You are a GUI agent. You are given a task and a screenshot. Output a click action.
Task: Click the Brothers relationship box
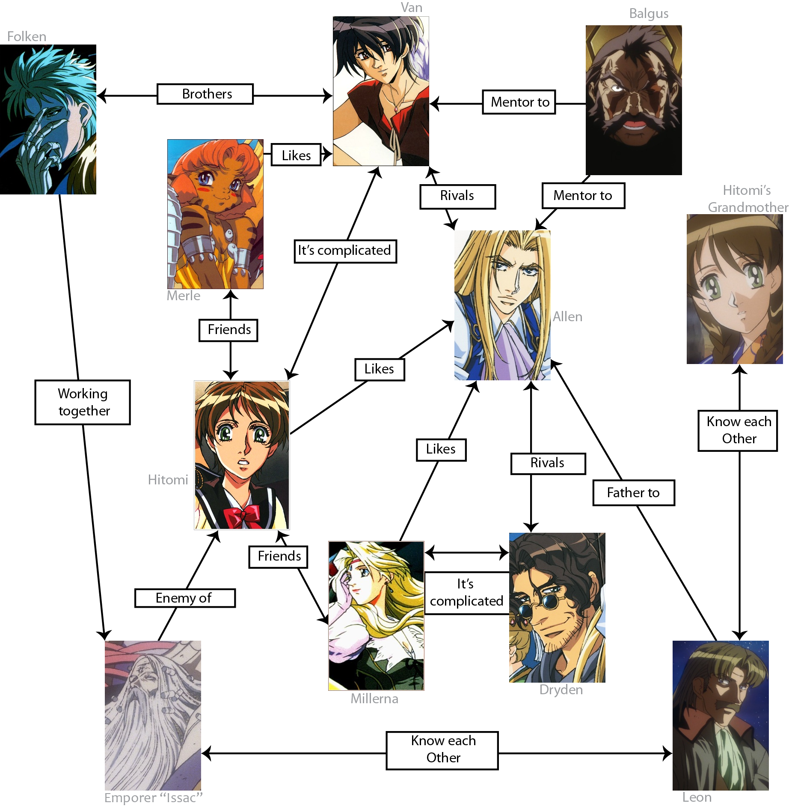click(205, 94)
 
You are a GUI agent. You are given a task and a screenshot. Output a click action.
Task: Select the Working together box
click(83, 402)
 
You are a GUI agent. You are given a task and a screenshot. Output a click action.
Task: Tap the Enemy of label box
click(185, 598)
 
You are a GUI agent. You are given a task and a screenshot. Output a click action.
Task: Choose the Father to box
click(633, 493)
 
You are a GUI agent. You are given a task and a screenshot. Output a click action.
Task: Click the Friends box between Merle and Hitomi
click(228, 330)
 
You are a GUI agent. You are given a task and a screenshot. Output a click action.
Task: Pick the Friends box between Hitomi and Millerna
click(279, 556)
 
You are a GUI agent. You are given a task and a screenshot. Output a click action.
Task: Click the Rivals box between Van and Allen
click(457, 196)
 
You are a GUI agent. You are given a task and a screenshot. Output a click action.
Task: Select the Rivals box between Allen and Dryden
click(548, 463)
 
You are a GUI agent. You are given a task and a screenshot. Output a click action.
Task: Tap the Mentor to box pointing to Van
click(519, 102)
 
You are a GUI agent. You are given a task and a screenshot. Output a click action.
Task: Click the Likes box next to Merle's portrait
click(296, 155)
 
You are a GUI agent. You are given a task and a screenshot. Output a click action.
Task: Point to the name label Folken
click(27, 36)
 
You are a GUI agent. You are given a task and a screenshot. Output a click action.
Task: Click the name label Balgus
click(648, 14)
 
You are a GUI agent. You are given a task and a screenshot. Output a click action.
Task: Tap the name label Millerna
click(374, 699)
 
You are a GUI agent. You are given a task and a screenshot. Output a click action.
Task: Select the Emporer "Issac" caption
click(153, 797)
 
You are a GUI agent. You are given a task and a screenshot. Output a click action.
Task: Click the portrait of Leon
click(721, 715)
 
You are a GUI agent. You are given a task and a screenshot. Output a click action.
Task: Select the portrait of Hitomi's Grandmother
click(734, 289)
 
